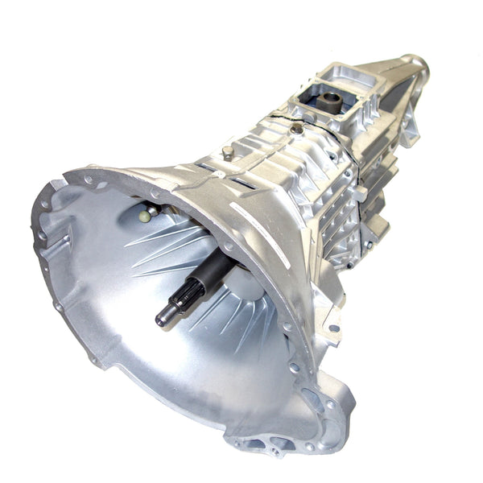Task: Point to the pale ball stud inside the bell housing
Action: [x=144, y=216]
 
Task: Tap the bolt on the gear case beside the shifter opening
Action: [x=299, y=127]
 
